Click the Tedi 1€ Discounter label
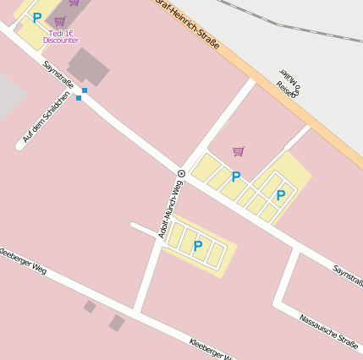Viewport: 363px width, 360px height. pyautogui.click(x=61, y=36)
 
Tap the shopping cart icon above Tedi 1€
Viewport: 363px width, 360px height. pyautogui.click(x=59, y=21)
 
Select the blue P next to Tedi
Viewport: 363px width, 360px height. pyautogui.click(x=36, y=17)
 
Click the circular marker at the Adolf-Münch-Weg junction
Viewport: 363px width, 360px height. pyautogui.click(x=181, y=173)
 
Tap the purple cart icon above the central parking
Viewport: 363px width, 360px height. pyautogui.click(x=239, y=151)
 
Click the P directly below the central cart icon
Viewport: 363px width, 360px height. pyautogui.click(x=236, y=177)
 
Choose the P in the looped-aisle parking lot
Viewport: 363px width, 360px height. pyautogui.click(x=280, y=195)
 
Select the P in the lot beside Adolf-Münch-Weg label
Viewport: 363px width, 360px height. pyautogui.click(x=197, y=246)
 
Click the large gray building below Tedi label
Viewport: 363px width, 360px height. pyautogui.click(x=88, y=66)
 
